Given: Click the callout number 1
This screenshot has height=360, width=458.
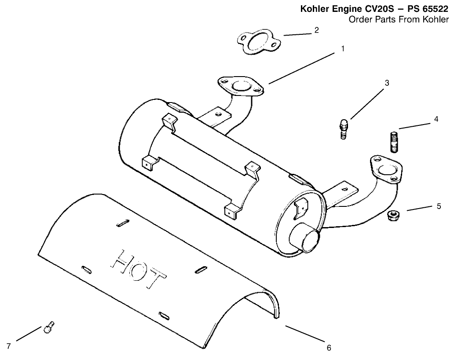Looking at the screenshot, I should pos(343,49).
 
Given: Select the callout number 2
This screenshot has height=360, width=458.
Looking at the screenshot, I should pos(316,30).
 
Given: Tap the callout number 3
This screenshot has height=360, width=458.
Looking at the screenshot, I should pos(387,82).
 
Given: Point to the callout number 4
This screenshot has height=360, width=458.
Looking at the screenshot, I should pos(436,119).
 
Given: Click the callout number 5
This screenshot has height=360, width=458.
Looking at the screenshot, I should pos(439,206).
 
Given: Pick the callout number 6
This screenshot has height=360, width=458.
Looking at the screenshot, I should pos(328,348).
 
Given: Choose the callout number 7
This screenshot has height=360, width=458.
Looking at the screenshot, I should pos(8,346).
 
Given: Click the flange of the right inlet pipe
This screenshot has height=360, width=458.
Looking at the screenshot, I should pos(386,169).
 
